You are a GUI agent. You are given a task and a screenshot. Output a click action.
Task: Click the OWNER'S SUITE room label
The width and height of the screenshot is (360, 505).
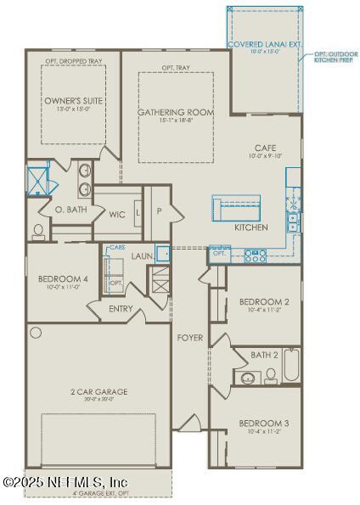tap(72, 100)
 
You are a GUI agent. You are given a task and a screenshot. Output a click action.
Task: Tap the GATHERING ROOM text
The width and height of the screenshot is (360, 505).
tap(176, 112)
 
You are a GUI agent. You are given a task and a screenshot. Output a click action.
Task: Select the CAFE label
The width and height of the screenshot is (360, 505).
tap(265, 148)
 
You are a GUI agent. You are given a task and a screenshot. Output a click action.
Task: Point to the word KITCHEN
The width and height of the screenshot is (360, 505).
tap(251, 227)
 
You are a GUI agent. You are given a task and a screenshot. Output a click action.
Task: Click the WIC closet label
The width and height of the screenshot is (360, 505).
tap(117, 215)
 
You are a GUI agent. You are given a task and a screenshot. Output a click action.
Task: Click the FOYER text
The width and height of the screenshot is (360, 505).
tap(189, 338)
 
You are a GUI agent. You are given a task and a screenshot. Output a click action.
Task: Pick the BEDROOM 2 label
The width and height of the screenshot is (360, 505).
tap(264, 302)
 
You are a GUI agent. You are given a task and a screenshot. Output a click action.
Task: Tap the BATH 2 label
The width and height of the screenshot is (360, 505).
tap(263, 356)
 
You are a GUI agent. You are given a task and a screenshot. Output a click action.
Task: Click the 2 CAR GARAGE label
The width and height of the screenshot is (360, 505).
tap(98, 392)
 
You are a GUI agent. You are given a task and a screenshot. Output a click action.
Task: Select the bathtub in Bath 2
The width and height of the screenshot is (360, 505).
tap(291, 366)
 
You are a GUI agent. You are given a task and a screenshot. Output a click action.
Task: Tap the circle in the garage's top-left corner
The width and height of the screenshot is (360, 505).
tap(36, 332)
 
